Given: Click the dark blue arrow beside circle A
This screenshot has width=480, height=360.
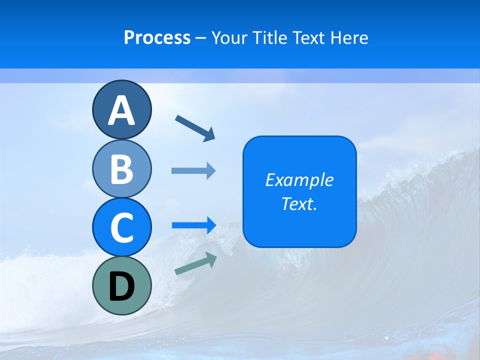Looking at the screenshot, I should (195, 127).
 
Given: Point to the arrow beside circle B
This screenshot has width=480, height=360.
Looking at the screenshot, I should (193, 171).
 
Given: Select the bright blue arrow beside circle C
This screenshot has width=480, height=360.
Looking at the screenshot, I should (193, 225).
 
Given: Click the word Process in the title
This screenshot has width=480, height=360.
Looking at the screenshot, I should (157, 37).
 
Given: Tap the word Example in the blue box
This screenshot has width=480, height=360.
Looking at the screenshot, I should (299, 180).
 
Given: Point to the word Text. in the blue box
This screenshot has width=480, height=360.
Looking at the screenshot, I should (299, 203).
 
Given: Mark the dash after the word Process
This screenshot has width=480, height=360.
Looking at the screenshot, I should (201, 38).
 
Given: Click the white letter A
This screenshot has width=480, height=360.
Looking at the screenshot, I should (121, 110).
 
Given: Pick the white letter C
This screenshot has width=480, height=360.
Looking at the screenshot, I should (121, 227).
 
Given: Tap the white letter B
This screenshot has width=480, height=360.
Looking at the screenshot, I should (121, 169).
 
